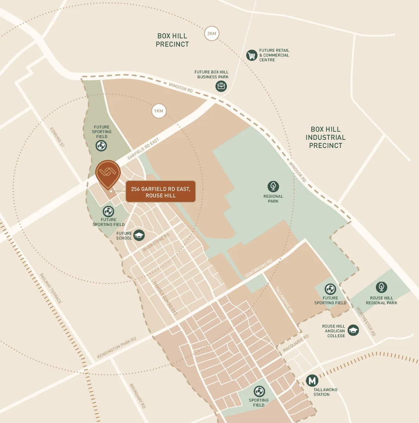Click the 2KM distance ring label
tap(211, 33)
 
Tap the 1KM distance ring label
tap(159, 111)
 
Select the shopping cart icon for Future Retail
tap(252, 55)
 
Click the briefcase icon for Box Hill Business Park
tap(221, 86)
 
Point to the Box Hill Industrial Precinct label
tap(325, 137)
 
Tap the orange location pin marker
tap(107, 174)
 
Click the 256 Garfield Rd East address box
tap(160, 192)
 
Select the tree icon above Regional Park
tap(273, 186)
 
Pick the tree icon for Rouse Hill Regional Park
tap(381, 287)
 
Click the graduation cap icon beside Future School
tap(139, 235)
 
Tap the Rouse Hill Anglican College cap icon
tap(353, 330)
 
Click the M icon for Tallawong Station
tap(312, 380)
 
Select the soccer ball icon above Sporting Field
tap(259, 391)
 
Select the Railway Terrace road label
tap(51, 288)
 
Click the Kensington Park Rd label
tap(116, 348)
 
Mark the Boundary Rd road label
tap(138, 396)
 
